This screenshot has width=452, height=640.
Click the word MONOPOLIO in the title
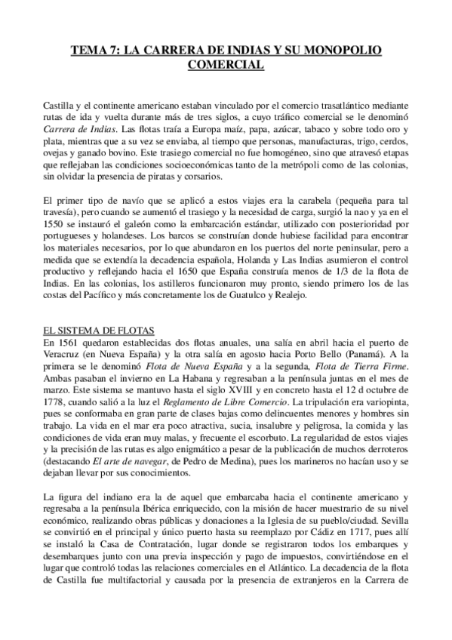344,51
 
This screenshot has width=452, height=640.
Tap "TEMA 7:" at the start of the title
95,51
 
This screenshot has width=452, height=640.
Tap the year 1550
58,225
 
